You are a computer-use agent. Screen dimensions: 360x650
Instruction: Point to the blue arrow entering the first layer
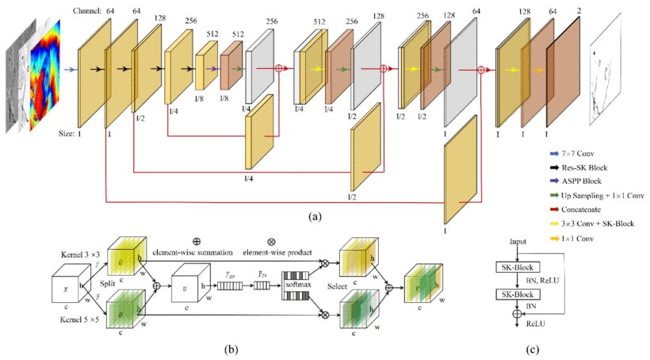click(x=70, y=69)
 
